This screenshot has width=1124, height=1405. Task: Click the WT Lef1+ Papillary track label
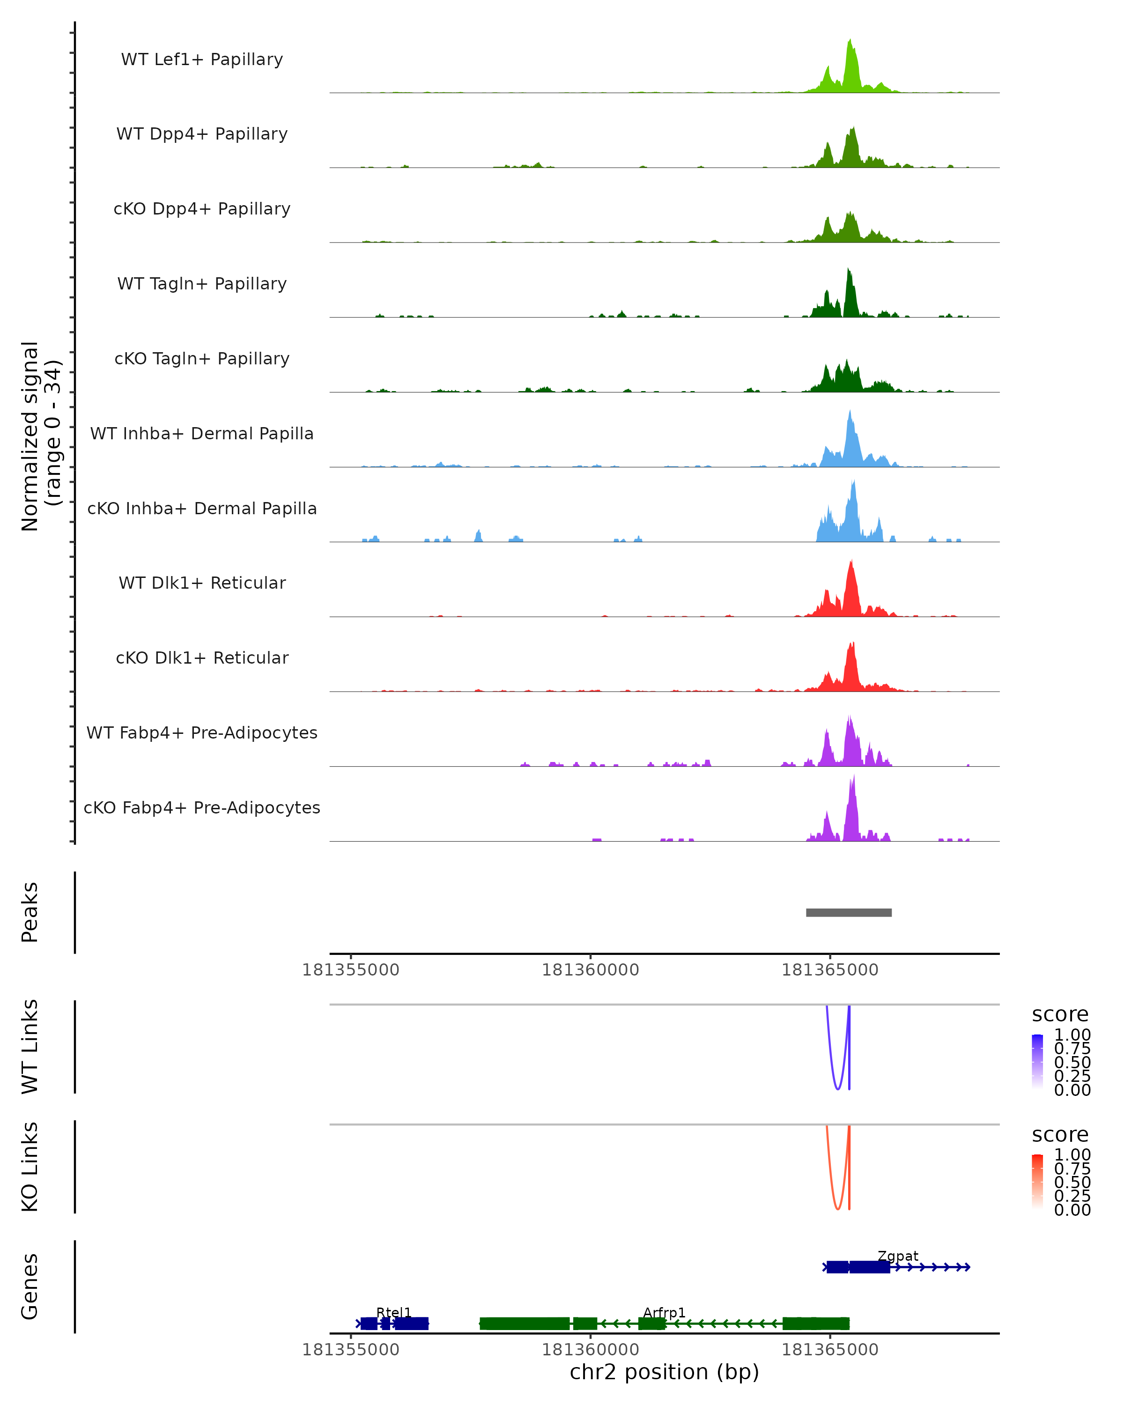coord(202,59)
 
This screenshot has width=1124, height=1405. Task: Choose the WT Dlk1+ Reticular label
coord(202,583)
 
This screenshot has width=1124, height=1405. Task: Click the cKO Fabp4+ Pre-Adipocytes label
coord(202,807)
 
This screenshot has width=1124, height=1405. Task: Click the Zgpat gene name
coord(898,1256)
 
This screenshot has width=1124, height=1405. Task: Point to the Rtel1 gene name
coord(393,1312)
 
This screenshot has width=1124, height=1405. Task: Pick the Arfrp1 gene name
coord(664,1312)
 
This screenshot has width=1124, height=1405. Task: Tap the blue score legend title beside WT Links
coord(1060,1015)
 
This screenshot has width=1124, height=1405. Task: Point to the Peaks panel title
coord(30,912)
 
